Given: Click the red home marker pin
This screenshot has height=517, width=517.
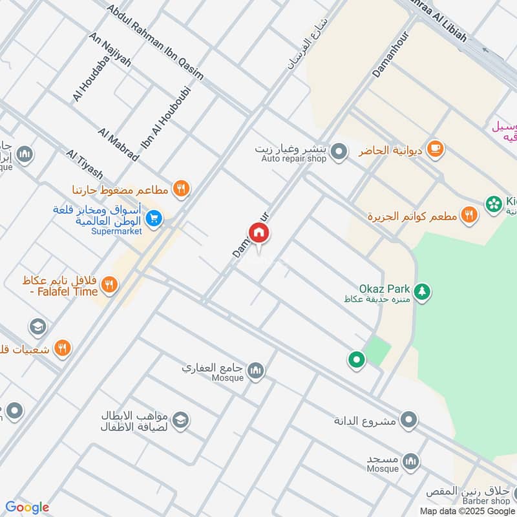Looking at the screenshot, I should pyautogui.click(x=258, y=233).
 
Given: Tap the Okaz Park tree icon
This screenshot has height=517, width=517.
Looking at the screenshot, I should pyautogui.click(x=422, y=292).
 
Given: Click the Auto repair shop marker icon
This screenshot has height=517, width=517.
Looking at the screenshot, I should pyautogui.click(x=338, y=153).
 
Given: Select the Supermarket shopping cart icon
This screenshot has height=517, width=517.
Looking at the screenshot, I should pyautogui.click(x=154, y=218).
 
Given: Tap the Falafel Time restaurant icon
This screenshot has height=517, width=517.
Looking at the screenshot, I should pyautogui.click(x=110, y=284).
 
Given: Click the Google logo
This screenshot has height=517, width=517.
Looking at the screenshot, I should pyautogui.click(x=27, y=507).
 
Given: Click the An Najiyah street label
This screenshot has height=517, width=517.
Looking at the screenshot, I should pyautogui.click(x=111, y=50).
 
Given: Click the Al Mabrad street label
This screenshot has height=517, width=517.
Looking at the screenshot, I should pyautogui.click(x=118, y=145).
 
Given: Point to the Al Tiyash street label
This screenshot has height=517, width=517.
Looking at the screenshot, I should pyautogui.click(x=85, y=165).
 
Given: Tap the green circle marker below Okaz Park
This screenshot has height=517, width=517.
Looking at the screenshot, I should pyautogui.click(x=355, y=359).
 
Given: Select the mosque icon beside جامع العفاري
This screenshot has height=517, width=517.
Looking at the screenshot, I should pyautogui.click(x=257, y=370).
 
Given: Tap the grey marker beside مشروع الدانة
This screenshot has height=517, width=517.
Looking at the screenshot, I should pyautogui.click(x=408, y=421).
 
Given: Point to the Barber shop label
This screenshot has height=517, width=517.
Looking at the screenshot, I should pyautogui.click(x=486, y=501).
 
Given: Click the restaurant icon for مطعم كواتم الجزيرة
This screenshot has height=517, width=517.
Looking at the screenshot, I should pyautogui.click(x=469, y=215).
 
